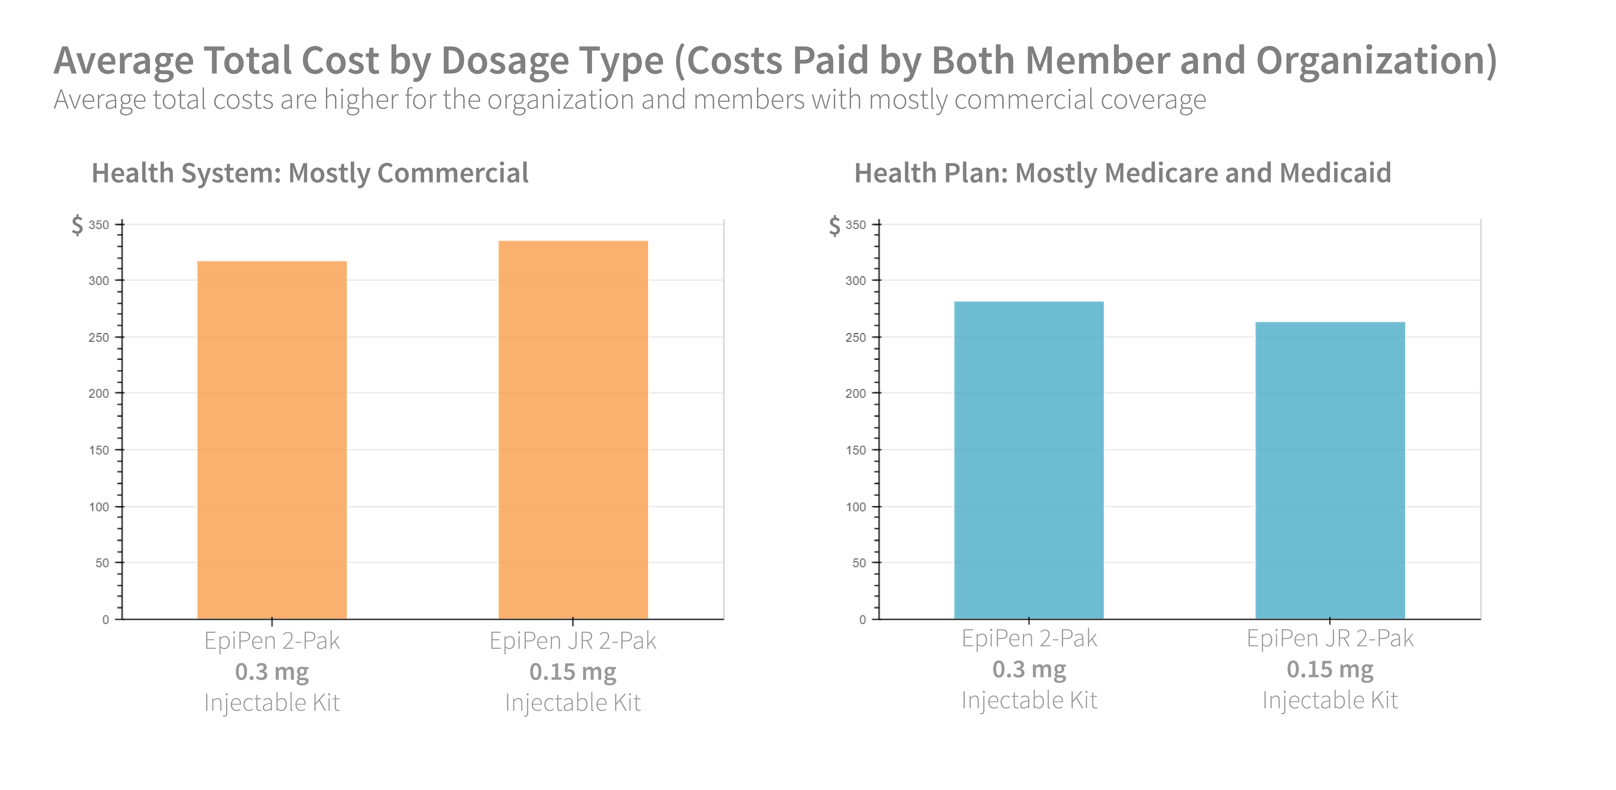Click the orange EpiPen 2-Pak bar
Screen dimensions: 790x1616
[272, 439]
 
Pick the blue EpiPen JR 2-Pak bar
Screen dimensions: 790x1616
[1330, 470]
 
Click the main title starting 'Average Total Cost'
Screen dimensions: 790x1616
[775, 61]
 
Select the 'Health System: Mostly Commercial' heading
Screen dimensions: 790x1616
[310, 173]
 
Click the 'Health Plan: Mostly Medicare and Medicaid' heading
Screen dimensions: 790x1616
[1122, 173]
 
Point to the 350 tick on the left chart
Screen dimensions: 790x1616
[99, 224]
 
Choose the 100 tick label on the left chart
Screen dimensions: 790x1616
[99, 507]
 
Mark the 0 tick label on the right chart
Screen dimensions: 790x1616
[863, 619]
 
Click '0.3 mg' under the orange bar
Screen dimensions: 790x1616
[272, 671]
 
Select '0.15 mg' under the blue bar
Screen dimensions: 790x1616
[1330, 669]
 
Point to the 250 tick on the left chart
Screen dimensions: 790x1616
[99, 337]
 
